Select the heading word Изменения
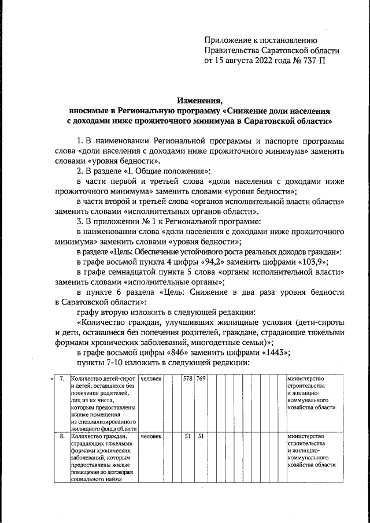click(199, 99)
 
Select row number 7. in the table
click(61, 379)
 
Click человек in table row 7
click(151, 379)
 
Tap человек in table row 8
click(151, 436)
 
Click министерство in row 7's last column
click(305, 379)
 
